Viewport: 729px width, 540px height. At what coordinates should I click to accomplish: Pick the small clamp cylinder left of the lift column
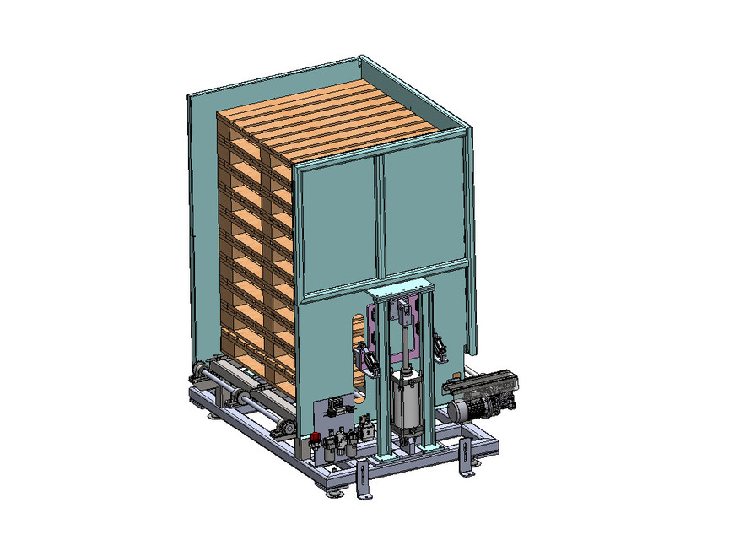click(368, 359)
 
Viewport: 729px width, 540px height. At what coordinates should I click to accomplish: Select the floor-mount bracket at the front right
click(463, 459)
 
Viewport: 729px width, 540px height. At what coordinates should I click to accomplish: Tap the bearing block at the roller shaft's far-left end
click(199, 372)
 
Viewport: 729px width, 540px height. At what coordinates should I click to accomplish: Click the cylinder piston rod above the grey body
click(408, 359)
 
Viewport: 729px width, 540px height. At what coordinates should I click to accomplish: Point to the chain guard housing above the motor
click(481, 386)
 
